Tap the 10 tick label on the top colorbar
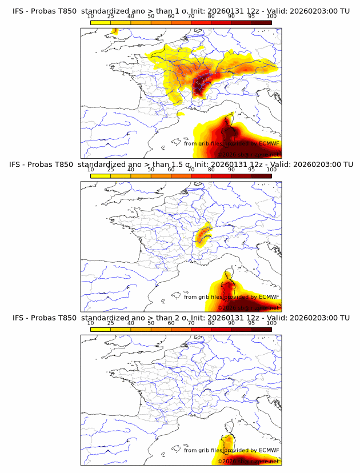point(90,16)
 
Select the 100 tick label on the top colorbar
point(271,16)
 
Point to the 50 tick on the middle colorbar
point(151,169)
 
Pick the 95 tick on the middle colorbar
point(251,169)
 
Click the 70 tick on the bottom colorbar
point(191,323)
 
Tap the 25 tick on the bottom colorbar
point(110,323)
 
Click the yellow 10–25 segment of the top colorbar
point(101,23)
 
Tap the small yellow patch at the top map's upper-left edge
point(114,30)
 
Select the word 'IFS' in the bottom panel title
point(18,318)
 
